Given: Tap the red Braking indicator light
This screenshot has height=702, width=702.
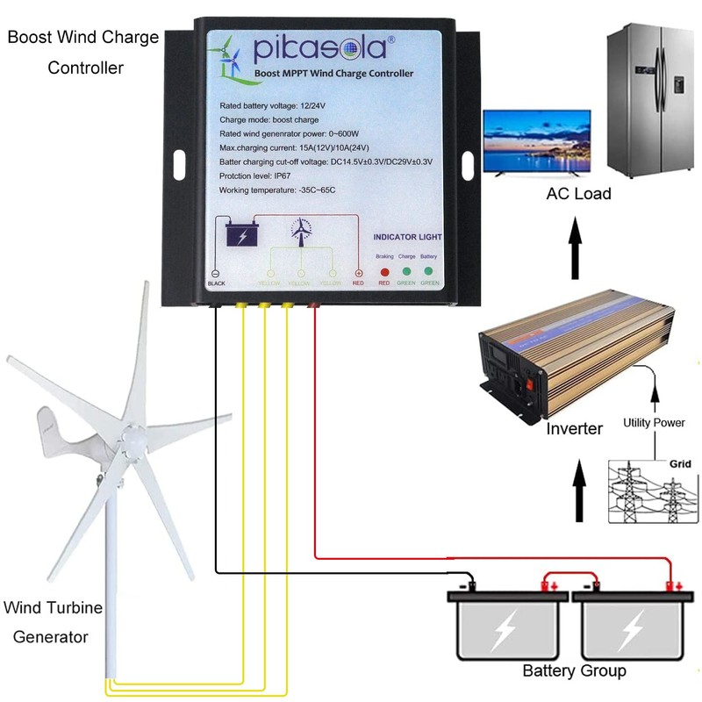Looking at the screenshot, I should click(384, 272).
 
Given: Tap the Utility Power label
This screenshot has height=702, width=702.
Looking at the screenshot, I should click(654, 423).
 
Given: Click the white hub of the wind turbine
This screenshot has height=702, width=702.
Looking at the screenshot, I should click(134, 434).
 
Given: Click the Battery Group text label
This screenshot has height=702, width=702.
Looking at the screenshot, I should click(574, 671).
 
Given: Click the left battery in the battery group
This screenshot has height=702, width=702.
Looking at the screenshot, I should click(506, 624).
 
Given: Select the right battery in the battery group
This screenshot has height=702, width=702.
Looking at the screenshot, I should click(631, 624).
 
